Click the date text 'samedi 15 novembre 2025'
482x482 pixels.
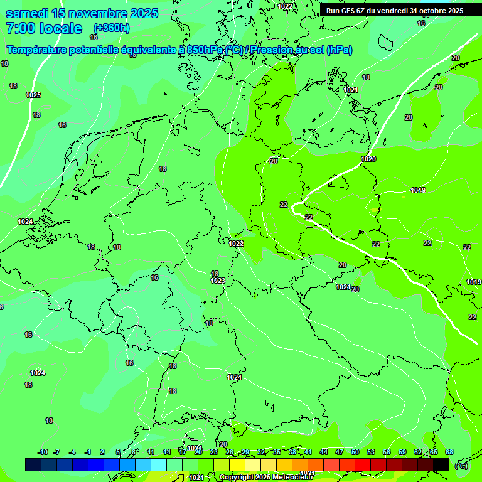click(x=82, y=13)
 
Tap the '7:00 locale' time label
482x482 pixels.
click(x=43, y=28)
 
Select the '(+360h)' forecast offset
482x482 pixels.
click(x=112, y=28)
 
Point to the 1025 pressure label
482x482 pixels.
click(x=33, y=95)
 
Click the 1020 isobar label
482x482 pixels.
click(x=368, y=159)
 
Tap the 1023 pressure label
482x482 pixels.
click(x=217, y=281)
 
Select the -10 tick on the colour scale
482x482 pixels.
click(x=43, y=452)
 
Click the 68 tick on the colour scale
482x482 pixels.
click(x=449, y=452)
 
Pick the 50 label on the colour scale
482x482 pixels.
click(x=355, y=452)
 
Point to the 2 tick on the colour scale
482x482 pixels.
click(x=102, y=452)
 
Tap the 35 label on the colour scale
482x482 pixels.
click(x=277, y=452)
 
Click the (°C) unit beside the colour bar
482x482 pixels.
click(x=461, y=465)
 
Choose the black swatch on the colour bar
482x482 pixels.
click(x=441, y=464)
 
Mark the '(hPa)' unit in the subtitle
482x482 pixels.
click(x=339, y=50)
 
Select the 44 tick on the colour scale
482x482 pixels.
click(x=324, y=452)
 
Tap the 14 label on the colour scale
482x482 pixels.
click(x=167, y=452)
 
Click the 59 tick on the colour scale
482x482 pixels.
click(x=402, y=452)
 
